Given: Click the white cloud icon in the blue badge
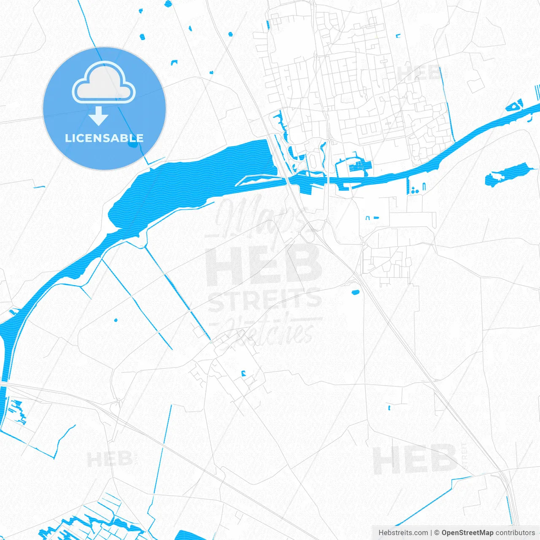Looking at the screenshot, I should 104,84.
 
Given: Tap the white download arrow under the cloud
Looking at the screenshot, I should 99,116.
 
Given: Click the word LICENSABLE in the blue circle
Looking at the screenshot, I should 104,138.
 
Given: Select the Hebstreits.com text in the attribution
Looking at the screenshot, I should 403,533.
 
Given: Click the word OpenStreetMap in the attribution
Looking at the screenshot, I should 467,533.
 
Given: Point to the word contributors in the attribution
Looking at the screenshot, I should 515,533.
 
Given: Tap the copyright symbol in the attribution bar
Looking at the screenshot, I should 437,533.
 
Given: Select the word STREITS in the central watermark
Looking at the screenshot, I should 265,300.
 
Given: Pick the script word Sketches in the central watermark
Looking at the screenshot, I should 270,331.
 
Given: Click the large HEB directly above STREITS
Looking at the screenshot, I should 264,266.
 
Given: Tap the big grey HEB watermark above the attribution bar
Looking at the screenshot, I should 416,459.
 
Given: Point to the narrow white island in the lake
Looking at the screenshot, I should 257,180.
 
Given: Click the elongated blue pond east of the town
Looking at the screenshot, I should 506,174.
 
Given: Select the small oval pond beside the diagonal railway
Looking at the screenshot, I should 355,292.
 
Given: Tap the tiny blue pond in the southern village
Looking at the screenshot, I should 243,373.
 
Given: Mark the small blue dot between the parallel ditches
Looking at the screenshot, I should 116,320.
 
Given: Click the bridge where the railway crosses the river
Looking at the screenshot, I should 291,180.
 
